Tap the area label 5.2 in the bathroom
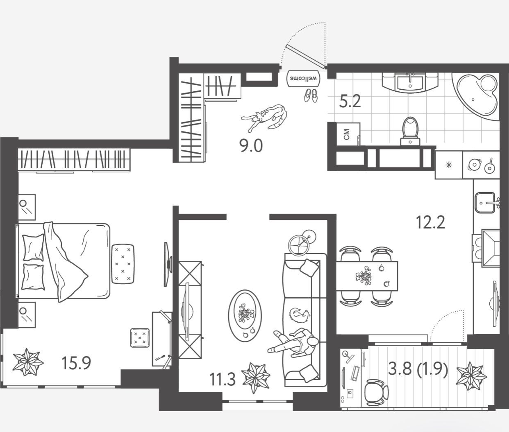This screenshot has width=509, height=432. click(x=350, y=101)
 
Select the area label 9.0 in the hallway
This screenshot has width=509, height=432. click(x=251, y=145)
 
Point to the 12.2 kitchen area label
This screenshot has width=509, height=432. click(x=430, y=222)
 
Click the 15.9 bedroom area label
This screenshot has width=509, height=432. click(x=76, y=362)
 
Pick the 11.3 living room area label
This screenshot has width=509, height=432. click(x=223, y=380)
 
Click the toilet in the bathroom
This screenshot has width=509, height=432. click(x=410, y=130)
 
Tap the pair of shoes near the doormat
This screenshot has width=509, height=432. click(x=310, y=95)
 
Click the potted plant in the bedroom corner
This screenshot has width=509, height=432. click(x=27, y=362)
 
